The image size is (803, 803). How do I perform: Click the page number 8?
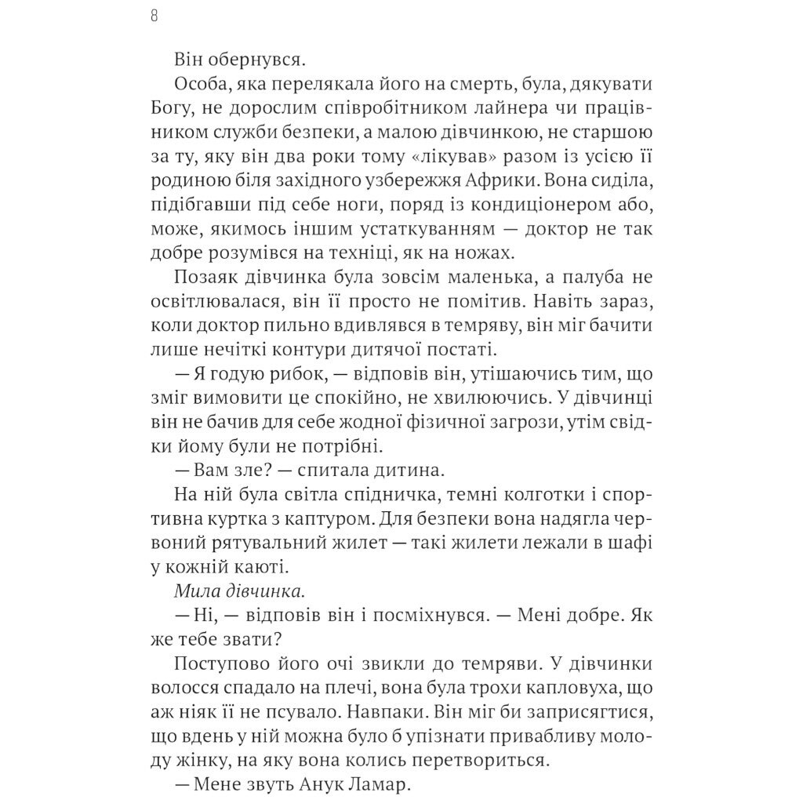coord(154,16)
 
